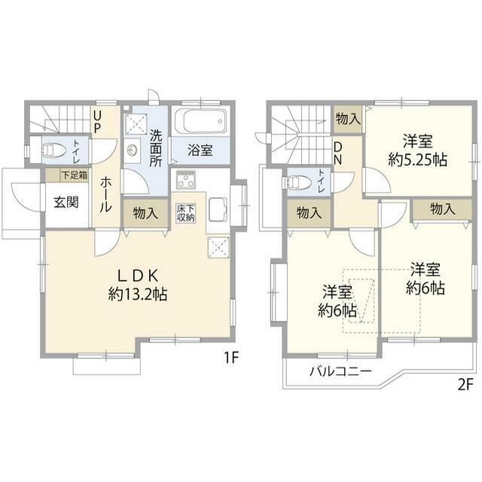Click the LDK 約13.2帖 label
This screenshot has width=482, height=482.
coord(138,285)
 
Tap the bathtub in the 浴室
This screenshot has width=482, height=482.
coord(200,120)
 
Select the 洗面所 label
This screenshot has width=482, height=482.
coord(156,148)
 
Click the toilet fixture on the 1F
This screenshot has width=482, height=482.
coord(53,151)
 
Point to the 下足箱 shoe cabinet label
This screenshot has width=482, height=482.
coord(74,175)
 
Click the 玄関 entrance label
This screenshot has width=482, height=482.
coord(66,203)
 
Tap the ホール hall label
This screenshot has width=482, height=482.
coord(105,194)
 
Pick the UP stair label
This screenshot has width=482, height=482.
coord(97,122)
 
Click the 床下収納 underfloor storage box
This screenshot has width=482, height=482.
coord(186,213)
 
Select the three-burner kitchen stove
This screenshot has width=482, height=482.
coord(186,179)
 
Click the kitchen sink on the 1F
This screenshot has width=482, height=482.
coord(218,210)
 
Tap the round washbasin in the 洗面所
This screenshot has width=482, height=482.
coord(133,151)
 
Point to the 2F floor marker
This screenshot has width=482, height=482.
coord(465,384)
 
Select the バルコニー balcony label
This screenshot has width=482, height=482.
coord(340,371)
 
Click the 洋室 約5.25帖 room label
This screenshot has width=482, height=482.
coord(418,151)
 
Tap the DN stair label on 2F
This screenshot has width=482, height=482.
coord(338,154)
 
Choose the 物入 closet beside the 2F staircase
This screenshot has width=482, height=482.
coord(348,119)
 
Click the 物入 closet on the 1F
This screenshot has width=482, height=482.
coord(145,213)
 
